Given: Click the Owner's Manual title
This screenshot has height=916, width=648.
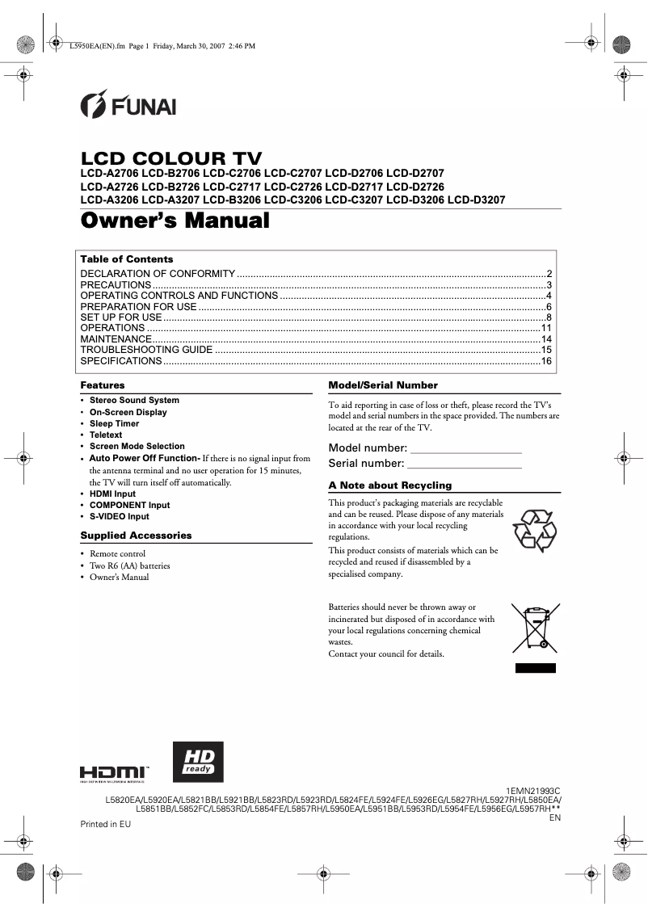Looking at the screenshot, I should tap(175, 221).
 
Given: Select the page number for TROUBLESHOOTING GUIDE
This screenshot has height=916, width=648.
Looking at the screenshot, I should tap(546, 350).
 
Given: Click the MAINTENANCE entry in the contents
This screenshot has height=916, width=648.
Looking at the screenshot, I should tap(116, 339).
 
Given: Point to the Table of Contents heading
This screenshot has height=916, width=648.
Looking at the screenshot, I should tap(127, 259).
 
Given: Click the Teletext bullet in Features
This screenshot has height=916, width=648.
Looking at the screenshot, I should tap(106, 435).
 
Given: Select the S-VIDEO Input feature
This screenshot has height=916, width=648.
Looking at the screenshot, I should tap(119, 516).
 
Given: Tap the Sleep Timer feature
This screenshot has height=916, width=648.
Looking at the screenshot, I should tap(114, 423).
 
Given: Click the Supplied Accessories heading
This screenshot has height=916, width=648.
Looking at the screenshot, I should tap(136, 536).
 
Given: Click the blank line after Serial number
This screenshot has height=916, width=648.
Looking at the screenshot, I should tap(465, 465).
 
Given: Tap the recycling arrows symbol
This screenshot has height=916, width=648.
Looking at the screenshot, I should tap(535, 531).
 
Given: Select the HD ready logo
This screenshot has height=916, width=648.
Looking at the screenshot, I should tap(198, 763).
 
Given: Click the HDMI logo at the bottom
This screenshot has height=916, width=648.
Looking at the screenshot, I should tap(113, 772).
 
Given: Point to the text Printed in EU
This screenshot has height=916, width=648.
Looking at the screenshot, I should tap(105, 824).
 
